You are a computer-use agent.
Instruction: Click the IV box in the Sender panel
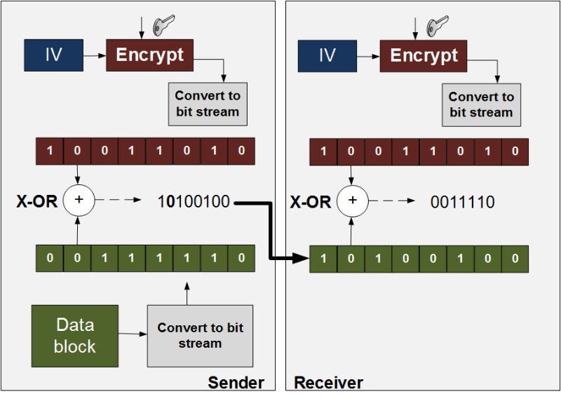[53, 55]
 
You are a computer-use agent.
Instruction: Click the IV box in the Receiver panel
[327, 55]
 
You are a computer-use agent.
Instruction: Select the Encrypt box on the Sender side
[149, 55]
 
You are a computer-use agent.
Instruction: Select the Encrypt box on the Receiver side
[423, 55]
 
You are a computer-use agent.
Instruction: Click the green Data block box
[75, 335]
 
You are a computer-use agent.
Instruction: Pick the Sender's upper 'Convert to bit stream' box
[207, 104]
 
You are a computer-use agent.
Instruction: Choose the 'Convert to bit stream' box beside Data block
[200, 335]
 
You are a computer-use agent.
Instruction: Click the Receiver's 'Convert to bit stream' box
[481, 104]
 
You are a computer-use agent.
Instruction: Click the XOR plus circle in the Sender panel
[79, 201]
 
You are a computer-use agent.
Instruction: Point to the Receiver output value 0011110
[462, 203]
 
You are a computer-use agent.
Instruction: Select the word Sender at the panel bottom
[236, 383]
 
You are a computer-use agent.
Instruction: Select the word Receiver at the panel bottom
[328, 383]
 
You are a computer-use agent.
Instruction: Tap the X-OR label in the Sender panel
[36, 202]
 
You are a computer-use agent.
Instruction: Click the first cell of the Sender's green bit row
[50, 257]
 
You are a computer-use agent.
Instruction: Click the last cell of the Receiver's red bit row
[515, 151]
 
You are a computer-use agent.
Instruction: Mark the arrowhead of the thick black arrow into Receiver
[301, 258]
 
